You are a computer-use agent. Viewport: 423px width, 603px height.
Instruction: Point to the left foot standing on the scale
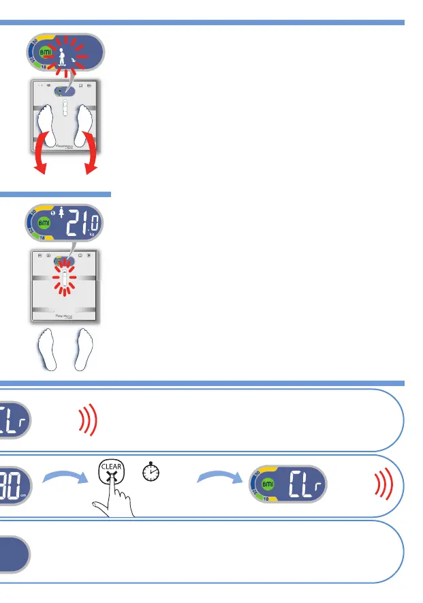pos(47,123)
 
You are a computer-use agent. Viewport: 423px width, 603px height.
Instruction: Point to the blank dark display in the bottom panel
pos(14,555)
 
